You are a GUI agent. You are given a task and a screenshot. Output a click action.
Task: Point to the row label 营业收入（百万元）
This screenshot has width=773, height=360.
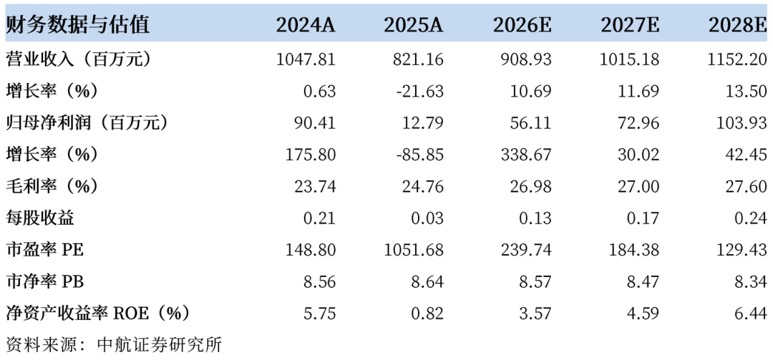(x=77, y=59)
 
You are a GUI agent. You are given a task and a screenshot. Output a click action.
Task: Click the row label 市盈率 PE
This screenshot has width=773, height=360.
(x=45, y=250)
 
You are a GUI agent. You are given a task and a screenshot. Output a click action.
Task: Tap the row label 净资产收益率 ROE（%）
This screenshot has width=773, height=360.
(x=97, y=313)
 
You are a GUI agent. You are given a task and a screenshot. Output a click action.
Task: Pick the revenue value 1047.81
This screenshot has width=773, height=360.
(x=306, y=59)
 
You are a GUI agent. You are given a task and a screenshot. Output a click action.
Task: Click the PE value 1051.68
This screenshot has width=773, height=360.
(x=414, y=250)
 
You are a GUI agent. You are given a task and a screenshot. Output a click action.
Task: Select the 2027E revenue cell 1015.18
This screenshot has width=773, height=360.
(x=630, y=59)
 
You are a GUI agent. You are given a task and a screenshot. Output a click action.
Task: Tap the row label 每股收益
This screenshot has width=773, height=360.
(x=40, y=218)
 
